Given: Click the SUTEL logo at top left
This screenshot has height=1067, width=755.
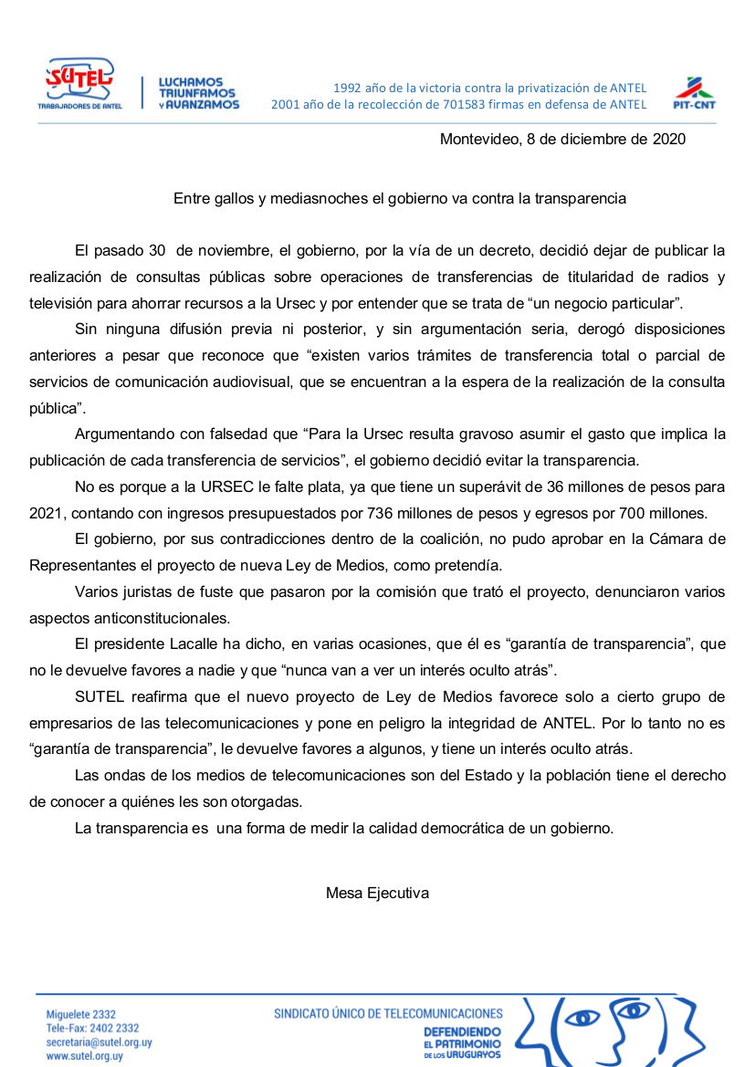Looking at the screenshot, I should tap(79, 84).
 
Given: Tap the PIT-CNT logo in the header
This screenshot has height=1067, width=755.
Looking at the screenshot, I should tap(693, 93).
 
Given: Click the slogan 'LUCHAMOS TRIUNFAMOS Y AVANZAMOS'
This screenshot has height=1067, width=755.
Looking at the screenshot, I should tap(198, 93).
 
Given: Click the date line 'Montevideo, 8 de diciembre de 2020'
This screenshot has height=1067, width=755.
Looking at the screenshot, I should tap(562, 140).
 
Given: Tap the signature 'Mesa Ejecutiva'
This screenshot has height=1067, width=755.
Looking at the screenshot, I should tap(377, 893).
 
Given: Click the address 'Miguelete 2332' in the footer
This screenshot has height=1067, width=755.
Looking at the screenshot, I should tap(81, 1014).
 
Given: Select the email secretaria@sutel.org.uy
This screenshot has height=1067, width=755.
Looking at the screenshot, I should tap(99, 1041).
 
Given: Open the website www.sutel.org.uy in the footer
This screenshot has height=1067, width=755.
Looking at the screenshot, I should tap(85, 1055).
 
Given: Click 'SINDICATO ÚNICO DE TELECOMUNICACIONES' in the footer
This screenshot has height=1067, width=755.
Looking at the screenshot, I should tap(388, 1013).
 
